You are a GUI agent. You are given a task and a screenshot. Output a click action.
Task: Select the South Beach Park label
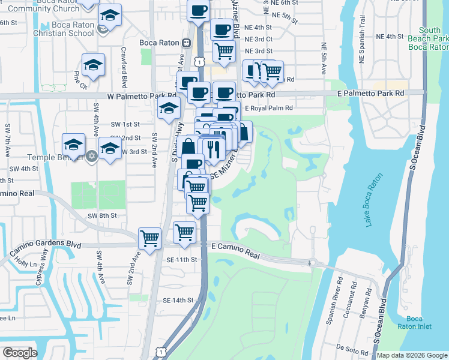tap(430, 38)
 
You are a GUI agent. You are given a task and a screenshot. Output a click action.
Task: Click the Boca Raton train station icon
tap(187, 43)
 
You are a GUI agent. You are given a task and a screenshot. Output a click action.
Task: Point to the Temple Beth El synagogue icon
tap(91, 156)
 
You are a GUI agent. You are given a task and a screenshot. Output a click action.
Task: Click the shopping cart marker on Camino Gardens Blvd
tap(149, 238)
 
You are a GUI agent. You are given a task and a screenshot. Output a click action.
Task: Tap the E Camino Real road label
tap(236, 251)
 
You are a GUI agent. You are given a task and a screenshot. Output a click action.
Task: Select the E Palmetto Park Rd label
tap(370, 94)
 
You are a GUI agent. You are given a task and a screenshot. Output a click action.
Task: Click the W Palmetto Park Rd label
tap(142, 95)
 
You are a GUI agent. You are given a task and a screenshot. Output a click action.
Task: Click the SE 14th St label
tap(178, 300)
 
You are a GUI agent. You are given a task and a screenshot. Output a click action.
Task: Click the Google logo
tap(19, 352)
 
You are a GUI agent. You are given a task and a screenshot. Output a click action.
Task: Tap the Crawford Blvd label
tap(124, 67)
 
